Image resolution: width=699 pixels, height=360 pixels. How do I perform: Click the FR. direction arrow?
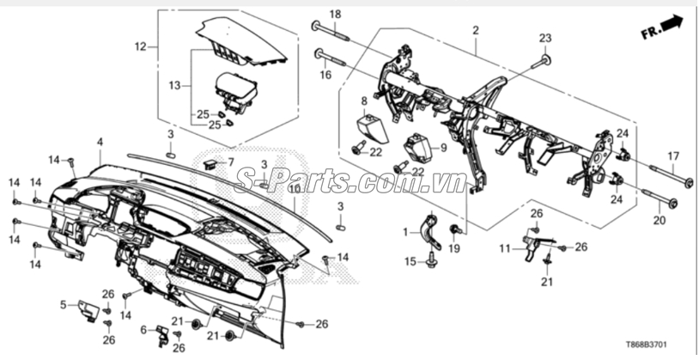[662, 27]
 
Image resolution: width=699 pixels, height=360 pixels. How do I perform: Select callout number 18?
[335, 15]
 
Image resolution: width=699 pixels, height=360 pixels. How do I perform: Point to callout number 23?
[545, 39]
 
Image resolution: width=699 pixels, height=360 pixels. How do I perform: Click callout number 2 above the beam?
[476, 30]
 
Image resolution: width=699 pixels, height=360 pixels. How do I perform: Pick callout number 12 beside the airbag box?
[141, 46]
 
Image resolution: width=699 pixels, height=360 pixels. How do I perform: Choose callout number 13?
[176, 85]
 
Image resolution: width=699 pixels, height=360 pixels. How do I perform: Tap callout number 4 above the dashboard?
[100, 142]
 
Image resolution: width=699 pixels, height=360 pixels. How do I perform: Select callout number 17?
[673, 156]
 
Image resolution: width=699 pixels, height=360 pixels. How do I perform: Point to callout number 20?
[659, 220]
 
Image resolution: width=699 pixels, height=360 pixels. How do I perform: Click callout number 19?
[453, 248]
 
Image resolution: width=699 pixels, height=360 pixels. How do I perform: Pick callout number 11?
[504, 248]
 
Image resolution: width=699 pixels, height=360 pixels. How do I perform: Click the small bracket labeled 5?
[89, 309]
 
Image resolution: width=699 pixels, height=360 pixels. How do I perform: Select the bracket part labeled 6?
[161, 337]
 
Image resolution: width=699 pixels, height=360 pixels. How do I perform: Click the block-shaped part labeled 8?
[372, 126]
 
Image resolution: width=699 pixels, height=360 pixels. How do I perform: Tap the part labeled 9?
[419, 149]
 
